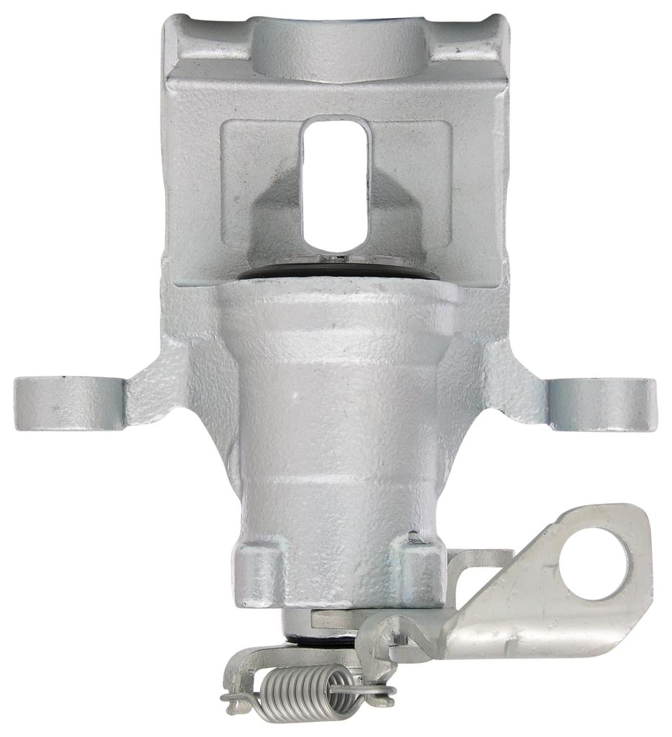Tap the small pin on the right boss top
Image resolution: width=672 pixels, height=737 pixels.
413,536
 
